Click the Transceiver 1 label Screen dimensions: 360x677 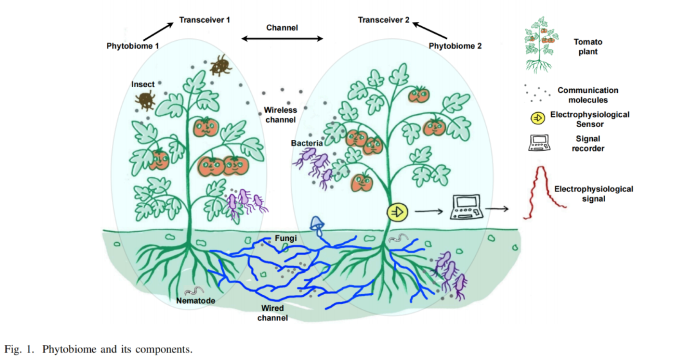(x=204, y=20)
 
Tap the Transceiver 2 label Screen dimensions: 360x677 (x=384, y=20)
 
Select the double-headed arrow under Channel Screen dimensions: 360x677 (x=282, y=38)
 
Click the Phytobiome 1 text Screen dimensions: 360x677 (x=133, y=46)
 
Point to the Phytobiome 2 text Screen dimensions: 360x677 (x=455, y=46)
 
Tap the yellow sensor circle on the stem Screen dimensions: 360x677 (x=397, y=212)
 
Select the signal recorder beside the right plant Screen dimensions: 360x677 (x=467, y=207)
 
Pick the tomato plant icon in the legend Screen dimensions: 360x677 (x=540, y=45)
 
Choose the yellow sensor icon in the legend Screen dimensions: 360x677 (x=538, y=118)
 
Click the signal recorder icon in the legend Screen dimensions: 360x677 (x=539, y=143)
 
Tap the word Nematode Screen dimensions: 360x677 (x=196, y=301)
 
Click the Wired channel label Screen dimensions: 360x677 (x=272, y=313)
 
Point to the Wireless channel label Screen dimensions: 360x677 (x=280, y=115)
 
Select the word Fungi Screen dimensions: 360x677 (x=286, y=238)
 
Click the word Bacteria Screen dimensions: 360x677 (x=307, y=143)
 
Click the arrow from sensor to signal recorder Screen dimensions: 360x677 (x=429, y=211)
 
